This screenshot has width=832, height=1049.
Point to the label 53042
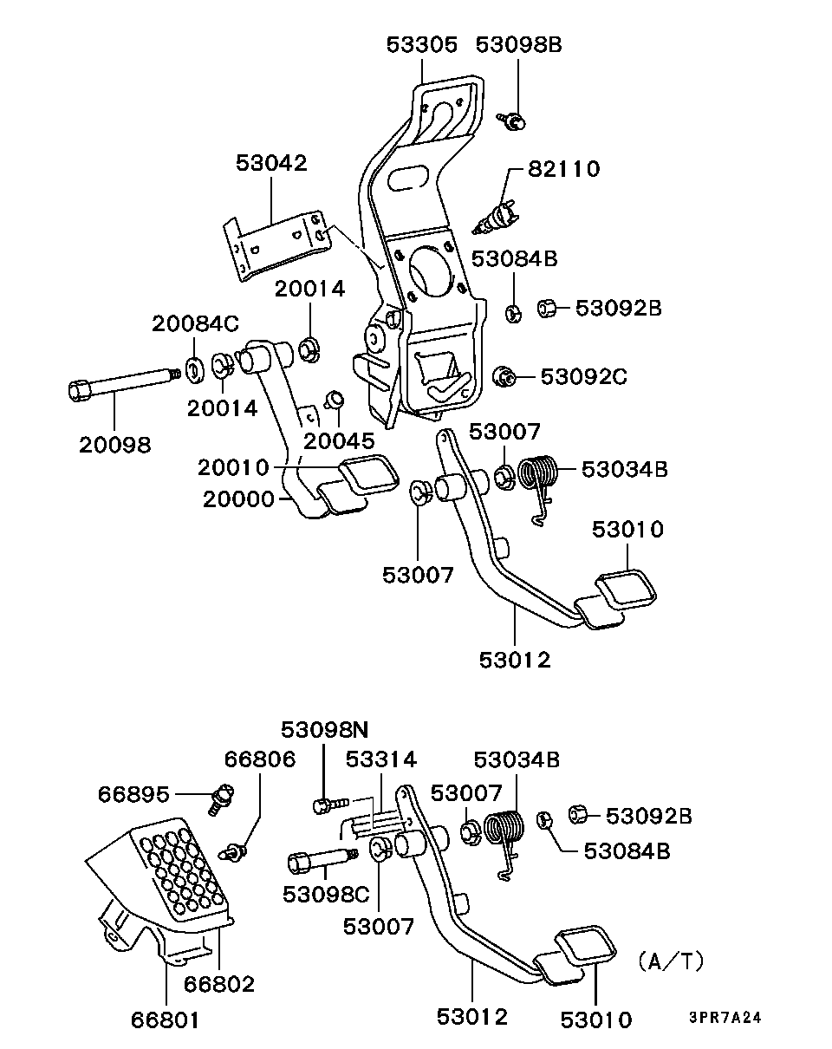(x=271, y=163)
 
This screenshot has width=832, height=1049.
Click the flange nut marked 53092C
(x=503, y=377)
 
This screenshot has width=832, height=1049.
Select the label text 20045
(x=339, y=440)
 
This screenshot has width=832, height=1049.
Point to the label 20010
(x=233, y=468)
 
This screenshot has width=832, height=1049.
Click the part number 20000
(x=238, y=499)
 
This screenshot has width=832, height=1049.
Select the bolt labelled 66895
(x=222, y=796)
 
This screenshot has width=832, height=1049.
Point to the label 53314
(x=380, y=760)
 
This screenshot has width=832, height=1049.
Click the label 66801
(x=165, y=1020)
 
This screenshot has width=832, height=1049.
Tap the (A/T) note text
(x=671, y=961)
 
